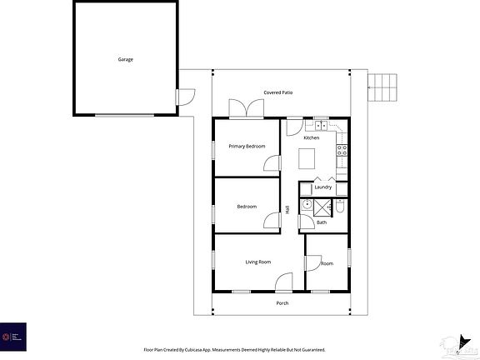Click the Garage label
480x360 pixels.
125,60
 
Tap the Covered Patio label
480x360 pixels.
277,92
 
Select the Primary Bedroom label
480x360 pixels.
247,147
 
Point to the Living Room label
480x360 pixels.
257,262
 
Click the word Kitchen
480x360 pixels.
311,137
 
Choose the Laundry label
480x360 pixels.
323,187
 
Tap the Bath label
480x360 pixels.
321,222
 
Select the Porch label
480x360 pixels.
282,303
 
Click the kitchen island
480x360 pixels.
310,157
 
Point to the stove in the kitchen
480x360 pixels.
341,150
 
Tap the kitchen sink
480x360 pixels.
321,124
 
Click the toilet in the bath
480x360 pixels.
341,207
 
